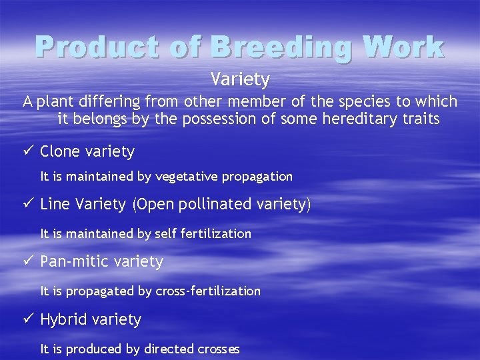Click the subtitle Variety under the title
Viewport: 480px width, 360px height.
[x=240, y=79]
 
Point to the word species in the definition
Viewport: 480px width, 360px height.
[x=352, y=102]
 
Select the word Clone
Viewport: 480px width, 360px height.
[x=60, y=152]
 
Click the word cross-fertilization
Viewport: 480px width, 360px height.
[x=208, y=291]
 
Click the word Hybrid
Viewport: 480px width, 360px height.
[x=64, y=320]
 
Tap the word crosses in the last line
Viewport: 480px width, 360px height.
[x=219, y=349]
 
